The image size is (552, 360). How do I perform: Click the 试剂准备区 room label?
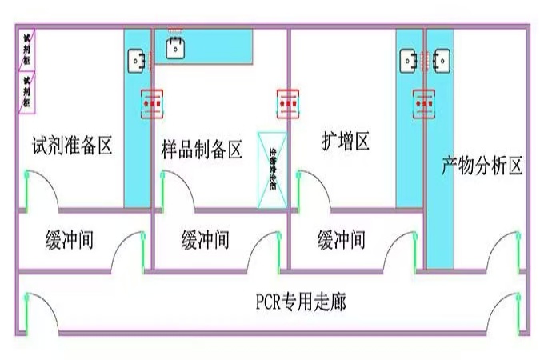71,146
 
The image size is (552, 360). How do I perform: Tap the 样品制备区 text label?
202,149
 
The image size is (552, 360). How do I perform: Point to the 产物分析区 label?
482,166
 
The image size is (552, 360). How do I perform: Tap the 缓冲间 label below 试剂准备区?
69,238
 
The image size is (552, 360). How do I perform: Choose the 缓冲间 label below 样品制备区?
205,238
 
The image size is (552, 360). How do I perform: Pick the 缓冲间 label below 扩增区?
342,238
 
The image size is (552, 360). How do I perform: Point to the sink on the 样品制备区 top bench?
176,47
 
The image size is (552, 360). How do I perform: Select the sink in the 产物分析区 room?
440,59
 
